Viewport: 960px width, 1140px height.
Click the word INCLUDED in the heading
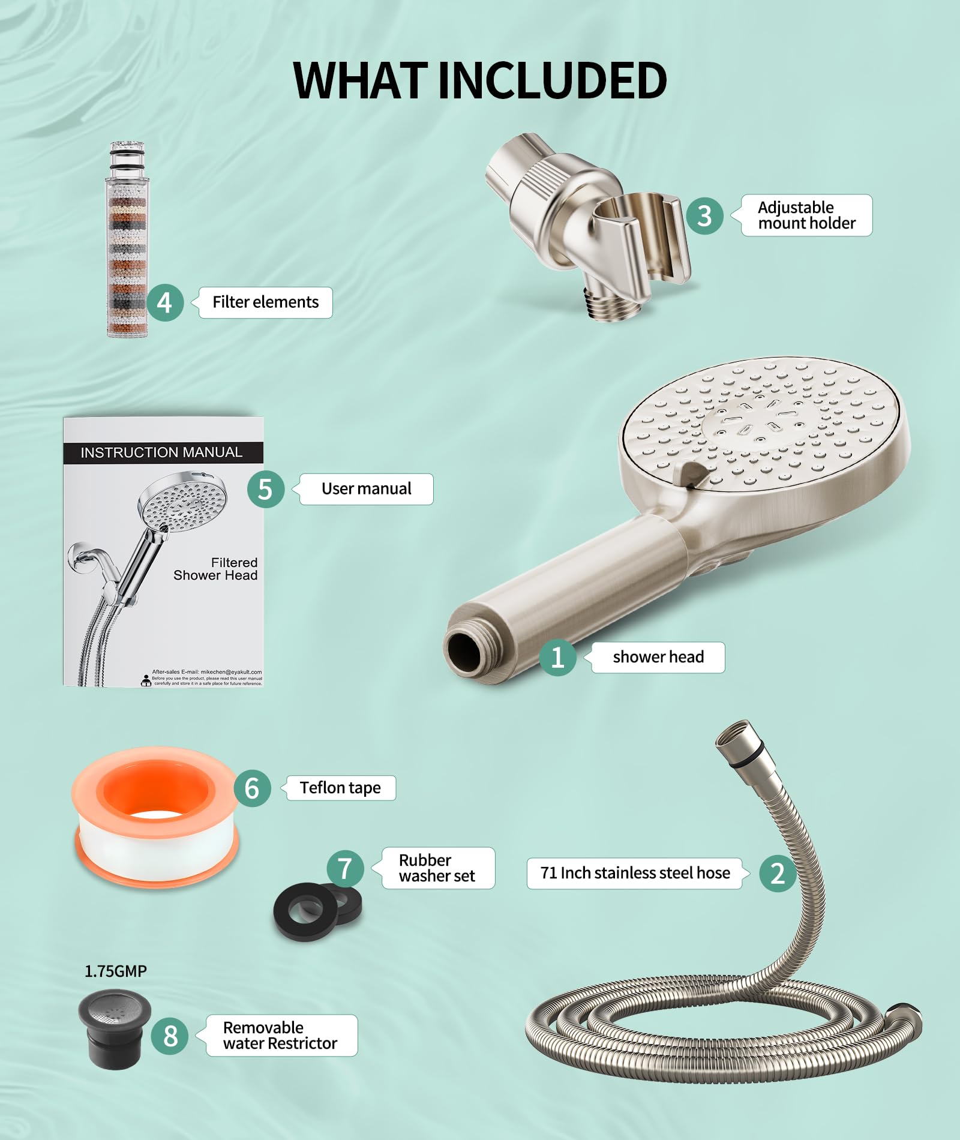click(553, 80)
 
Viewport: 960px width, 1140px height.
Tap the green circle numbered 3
click(705, 216)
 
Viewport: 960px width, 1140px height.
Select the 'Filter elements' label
click(266, 302)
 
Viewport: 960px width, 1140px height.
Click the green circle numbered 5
click(265, 489)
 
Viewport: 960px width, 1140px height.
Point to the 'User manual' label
click(366, 489)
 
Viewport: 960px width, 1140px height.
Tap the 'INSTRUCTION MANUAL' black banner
click(162, 452)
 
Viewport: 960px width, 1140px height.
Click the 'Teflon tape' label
click(340, 788)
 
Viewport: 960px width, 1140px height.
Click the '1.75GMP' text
click(115, 971)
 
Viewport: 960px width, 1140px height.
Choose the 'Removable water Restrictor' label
click(280, 1036)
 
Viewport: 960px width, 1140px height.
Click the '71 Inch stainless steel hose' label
click(635, 873)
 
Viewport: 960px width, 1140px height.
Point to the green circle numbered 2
click(778, 873)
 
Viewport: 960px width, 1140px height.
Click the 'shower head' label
click(658, 658)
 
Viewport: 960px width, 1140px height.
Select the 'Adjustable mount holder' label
click(806, 215)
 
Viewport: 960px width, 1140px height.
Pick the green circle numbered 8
click(170, 1036)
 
